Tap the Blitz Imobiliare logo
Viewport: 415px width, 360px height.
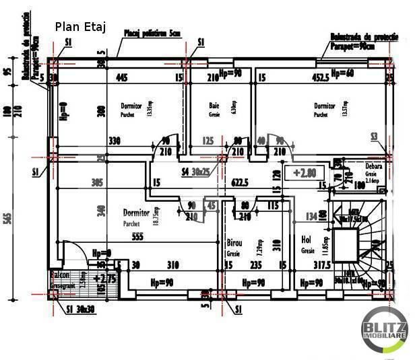(x=385, y=328)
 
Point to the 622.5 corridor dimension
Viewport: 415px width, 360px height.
(x=241, y=182)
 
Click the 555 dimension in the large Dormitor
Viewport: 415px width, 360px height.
(x=137, y=236)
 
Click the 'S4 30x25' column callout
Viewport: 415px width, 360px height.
(x=195, y=172)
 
